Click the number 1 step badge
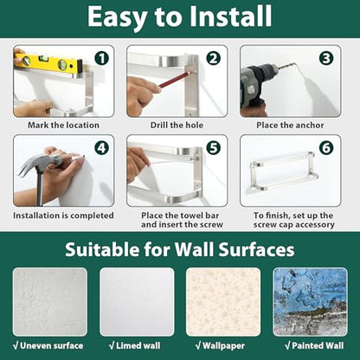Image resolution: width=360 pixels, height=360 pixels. click(x=101, y=59)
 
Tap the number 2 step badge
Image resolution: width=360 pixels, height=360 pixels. click(x=213, y=59)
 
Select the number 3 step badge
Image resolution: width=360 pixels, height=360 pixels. click(x=326, y=59)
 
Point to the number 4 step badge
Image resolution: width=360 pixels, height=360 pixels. click(x=101, y=148)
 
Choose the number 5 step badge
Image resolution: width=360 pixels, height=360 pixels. click(x=213, y=148)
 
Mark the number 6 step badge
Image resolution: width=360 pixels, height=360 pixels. click(x=326, y=148)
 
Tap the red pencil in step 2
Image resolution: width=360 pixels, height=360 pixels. click(x=175, y=80)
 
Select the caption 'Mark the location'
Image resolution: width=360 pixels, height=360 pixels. click(x=63, y=125)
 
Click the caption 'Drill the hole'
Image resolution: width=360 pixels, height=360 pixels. click(x=177, y=125)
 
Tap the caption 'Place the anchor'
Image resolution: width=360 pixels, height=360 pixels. click(x=290, y=125)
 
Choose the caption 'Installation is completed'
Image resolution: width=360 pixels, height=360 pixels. click(x=63, y=215)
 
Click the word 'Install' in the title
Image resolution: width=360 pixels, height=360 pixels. click(x=231, y=16)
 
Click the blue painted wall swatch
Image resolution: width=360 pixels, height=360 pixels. click(x=310, y=302)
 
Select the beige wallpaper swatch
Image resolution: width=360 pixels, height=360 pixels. click(x=223, y=302)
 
